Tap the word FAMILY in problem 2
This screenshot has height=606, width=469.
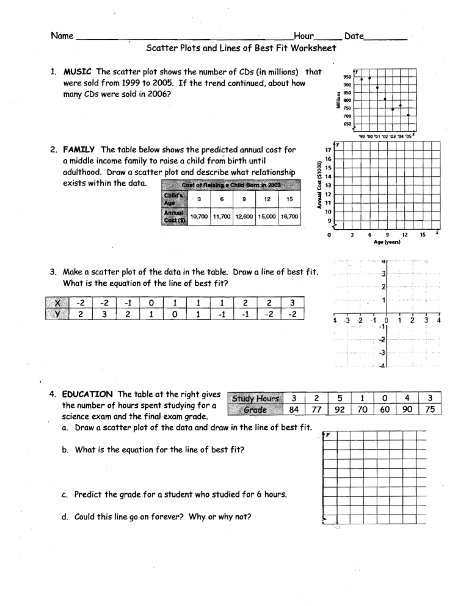[80, 149]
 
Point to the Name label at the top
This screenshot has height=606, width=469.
[62, 37]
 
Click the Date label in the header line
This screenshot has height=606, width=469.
[354, 37]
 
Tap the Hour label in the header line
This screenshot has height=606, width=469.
[305, 37]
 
